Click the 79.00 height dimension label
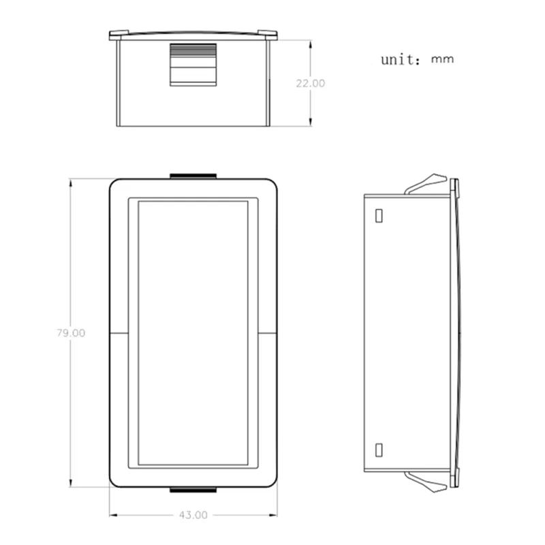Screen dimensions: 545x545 pos(71,333)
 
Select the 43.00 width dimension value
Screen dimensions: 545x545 pos(193,515)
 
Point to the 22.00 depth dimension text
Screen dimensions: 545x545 pos(311,83)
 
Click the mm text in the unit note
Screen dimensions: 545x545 pos(442,59)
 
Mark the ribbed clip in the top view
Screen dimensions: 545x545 pos(193,65)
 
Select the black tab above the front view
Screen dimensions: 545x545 pos(193,176)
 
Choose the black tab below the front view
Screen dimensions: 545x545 pos(193,490)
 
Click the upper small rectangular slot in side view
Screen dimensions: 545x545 pos(379,215)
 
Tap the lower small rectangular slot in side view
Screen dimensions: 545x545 pos(379,450)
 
